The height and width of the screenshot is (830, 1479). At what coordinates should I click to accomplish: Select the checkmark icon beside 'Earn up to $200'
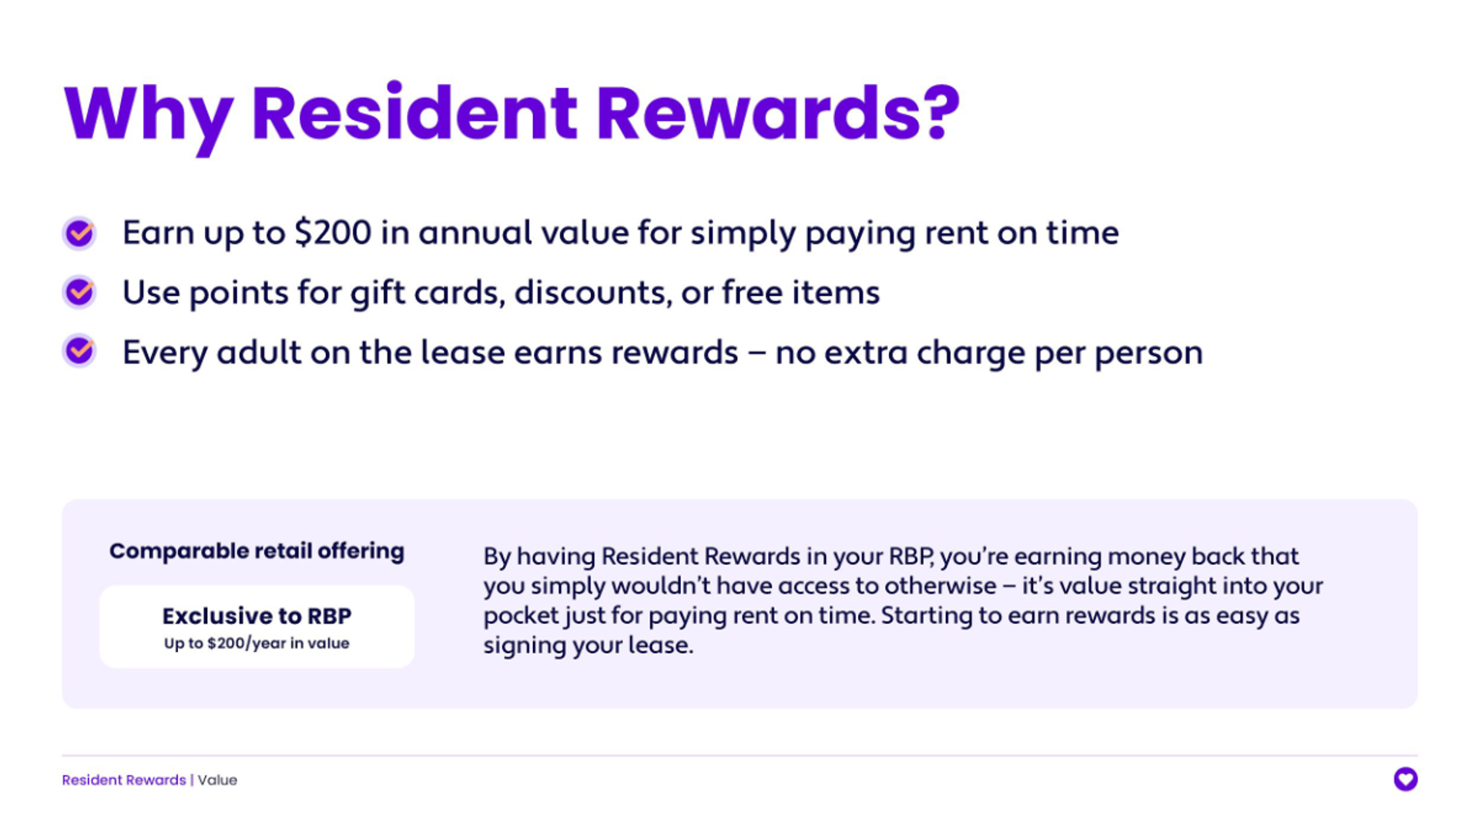tap(79, 233)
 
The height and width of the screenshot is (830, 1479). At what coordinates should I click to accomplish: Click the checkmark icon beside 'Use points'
tap(79, 292)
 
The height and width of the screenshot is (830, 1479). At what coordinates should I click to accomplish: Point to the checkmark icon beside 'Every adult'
tap(79, 351)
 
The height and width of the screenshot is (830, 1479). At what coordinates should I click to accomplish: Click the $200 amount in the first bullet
tap(333, 233)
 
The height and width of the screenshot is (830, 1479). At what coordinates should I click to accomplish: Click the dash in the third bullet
tap(756, 353)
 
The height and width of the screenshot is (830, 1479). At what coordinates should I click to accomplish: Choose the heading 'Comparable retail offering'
tap(257, 551)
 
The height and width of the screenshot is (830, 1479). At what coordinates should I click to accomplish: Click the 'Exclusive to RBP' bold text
tap(257, 616)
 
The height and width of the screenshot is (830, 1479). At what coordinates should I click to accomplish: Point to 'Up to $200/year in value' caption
tap(257, 643)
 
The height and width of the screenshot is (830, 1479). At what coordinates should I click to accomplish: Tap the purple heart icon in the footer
tap(1405, 779)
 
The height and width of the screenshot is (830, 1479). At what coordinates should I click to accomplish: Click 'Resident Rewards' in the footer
tap(124, 780)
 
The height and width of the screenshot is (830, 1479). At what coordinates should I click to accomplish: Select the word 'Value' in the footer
tap(217, 780)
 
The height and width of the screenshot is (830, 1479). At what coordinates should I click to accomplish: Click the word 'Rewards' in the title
tap(760, 113)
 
